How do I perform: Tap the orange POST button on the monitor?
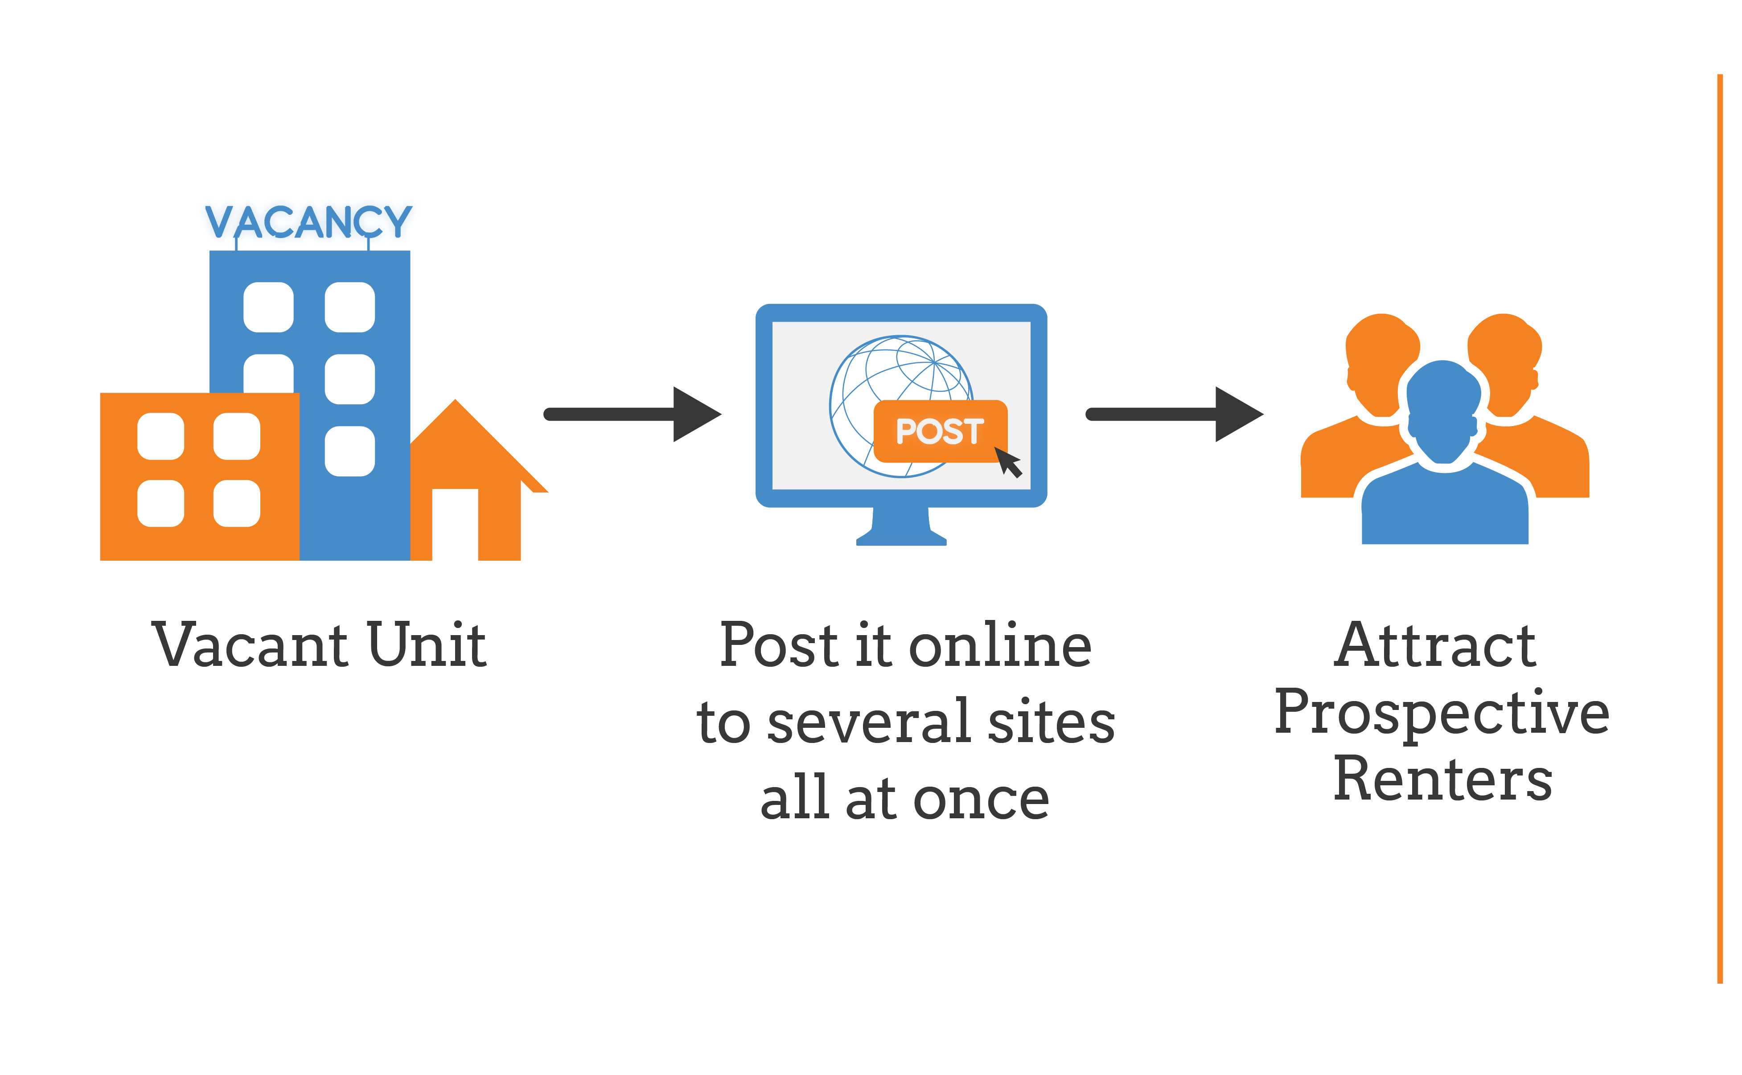pyautogui.click(x=940, y=431)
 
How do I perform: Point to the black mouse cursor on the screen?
pyautogui.click(x=1008, y=462)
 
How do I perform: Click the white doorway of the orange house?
pyautogui.click(x=455, y=525)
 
